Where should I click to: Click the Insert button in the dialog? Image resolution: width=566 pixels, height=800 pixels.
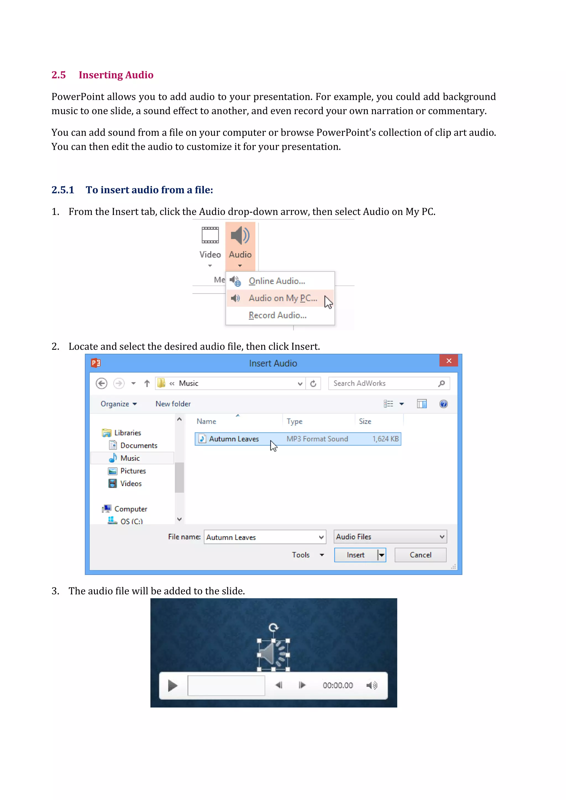coord(355,555)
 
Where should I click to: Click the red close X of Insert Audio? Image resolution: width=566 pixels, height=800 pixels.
coord(449,361)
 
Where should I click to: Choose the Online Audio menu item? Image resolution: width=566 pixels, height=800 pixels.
coord(276,281)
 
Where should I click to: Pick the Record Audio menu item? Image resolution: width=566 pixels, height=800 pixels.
coord(277,315)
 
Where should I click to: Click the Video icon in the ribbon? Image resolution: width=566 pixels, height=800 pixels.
coord(210,236)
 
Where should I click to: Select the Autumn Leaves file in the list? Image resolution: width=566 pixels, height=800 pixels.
coord(234,439)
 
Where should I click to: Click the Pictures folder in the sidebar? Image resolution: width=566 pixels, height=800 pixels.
coord(133,471)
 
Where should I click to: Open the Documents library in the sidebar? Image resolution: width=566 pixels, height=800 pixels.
coord(138,446)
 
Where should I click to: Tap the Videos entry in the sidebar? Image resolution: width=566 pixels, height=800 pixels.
coord(131,484)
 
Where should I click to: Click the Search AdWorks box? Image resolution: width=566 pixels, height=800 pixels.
coord(383,383)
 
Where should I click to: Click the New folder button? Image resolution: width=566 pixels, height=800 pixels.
coord(173,404)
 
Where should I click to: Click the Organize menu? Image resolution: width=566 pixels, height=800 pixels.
coord(118,404)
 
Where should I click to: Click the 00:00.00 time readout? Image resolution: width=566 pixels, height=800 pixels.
coord(337,685)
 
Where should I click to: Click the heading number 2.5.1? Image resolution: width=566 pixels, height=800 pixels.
coord(63,190)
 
